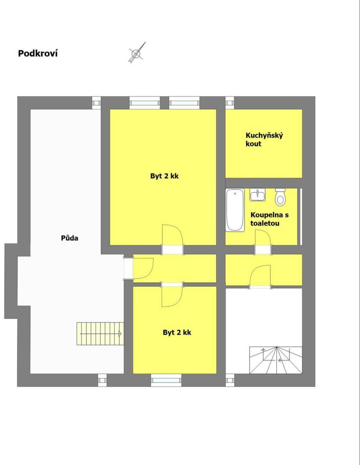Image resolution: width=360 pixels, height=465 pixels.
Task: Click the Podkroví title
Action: (37, 53)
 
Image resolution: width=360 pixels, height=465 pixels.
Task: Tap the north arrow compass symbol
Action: (137, 53)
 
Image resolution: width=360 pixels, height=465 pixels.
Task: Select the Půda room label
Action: (69, 238)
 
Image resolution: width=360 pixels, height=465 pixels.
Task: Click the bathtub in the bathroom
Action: (235, 210)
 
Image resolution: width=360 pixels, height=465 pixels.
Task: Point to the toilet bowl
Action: (280, 197)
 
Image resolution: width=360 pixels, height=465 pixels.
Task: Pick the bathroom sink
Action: (257, 195)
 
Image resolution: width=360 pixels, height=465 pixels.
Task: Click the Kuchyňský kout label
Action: (264, 139)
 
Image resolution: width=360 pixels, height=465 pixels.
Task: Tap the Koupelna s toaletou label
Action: (269, 219)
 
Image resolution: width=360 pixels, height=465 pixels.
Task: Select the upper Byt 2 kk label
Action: (164, 176)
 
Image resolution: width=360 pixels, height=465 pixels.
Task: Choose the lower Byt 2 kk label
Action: (177, 332)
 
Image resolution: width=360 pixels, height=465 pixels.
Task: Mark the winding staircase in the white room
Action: (276, 360)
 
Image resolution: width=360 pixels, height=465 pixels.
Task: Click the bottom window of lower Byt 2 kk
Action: (166, 380)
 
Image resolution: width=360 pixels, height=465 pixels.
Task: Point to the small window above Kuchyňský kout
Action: (230, 103)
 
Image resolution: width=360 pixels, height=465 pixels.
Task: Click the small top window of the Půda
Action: (96, 103)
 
